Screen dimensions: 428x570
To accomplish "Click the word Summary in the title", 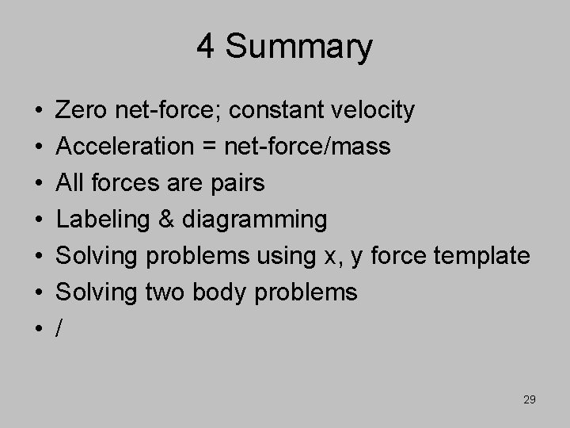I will pyautogui.click(x=298, y=48).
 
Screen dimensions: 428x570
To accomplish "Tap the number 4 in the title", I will pyautogui.click(x=206, y=48).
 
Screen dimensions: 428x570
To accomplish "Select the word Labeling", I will pyautogui.click(x=104, y=220).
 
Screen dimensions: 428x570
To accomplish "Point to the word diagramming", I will pyautogui.click(x=255, y=220).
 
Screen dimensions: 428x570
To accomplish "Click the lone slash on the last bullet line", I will pyautogui.click(x=61, y=328).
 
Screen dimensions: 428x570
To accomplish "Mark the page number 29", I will pyautogui.click(x=530, y=399).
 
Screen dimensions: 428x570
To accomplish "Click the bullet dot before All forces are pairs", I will pyautogui.click(x=40, y=184).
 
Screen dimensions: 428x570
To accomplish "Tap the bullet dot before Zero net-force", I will pyautogui.click(x=40, y=112).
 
